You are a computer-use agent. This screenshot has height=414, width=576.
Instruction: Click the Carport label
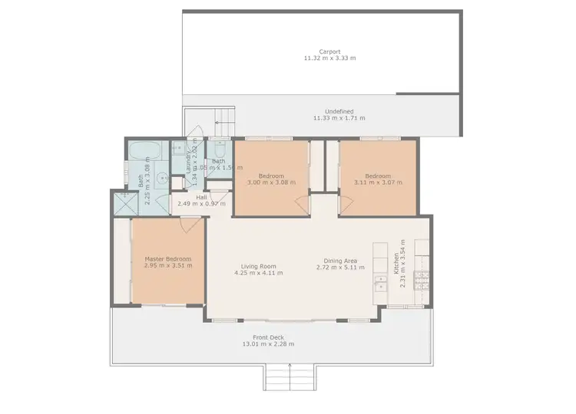tap(329, 51)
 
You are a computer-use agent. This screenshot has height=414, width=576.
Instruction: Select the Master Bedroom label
tap(168, 259)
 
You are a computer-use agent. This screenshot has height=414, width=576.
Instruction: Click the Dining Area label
tap(337, 261)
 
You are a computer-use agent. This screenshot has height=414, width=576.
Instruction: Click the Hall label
tap(201, 197)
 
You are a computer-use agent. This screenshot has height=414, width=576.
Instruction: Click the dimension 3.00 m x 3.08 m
tap(270, 182)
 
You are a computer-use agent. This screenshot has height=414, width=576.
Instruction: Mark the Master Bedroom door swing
tap(188, 225)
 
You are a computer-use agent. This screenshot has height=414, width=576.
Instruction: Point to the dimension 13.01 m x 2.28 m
tap(268, 344)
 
